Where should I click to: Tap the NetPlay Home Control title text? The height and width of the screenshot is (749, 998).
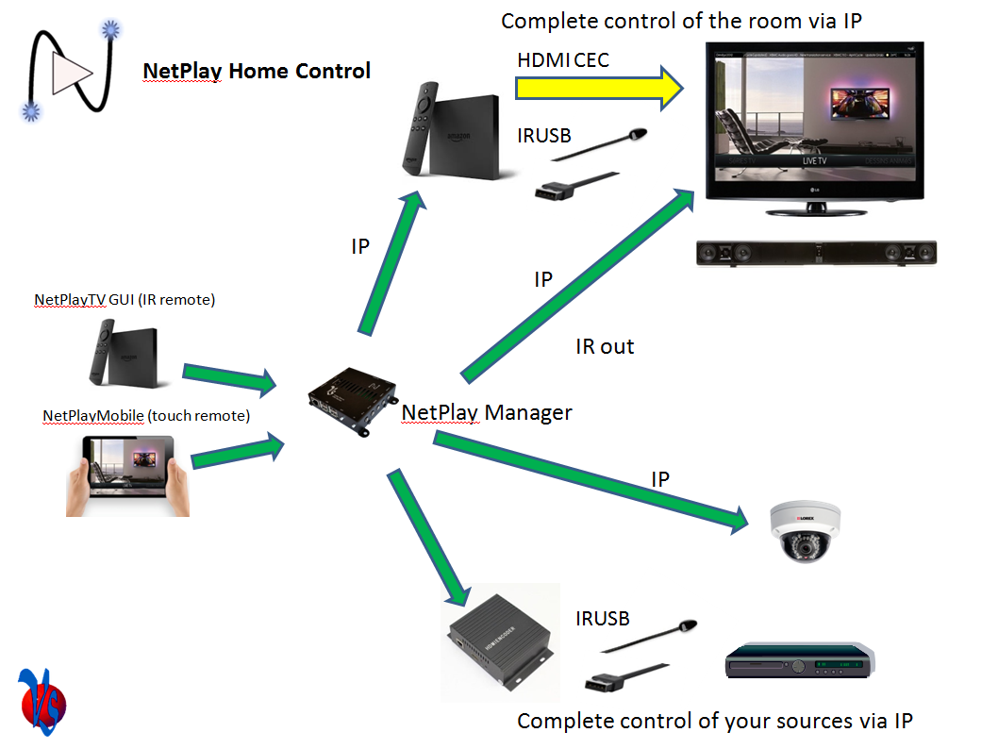[x=257, y=71]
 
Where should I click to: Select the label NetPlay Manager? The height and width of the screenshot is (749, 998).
[x=487, y=412]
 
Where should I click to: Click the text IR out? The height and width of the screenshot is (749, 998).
[x=605, y=346]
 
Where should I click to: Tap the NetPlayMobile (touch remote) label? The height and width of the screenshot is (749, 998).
[x=146, y=416]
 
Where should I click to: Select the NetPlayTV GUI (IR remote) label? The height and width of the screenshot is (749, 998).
[x=125, y=300]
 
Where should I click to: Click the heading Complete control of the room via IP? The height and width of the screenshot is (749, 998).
[x=681, y=21]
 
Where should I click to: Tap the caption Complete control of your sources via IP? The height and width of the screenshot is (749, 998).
[x=715, y=722]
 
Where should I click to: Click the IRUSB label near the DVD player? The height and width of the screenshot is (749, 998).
[x=602, y=619]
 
